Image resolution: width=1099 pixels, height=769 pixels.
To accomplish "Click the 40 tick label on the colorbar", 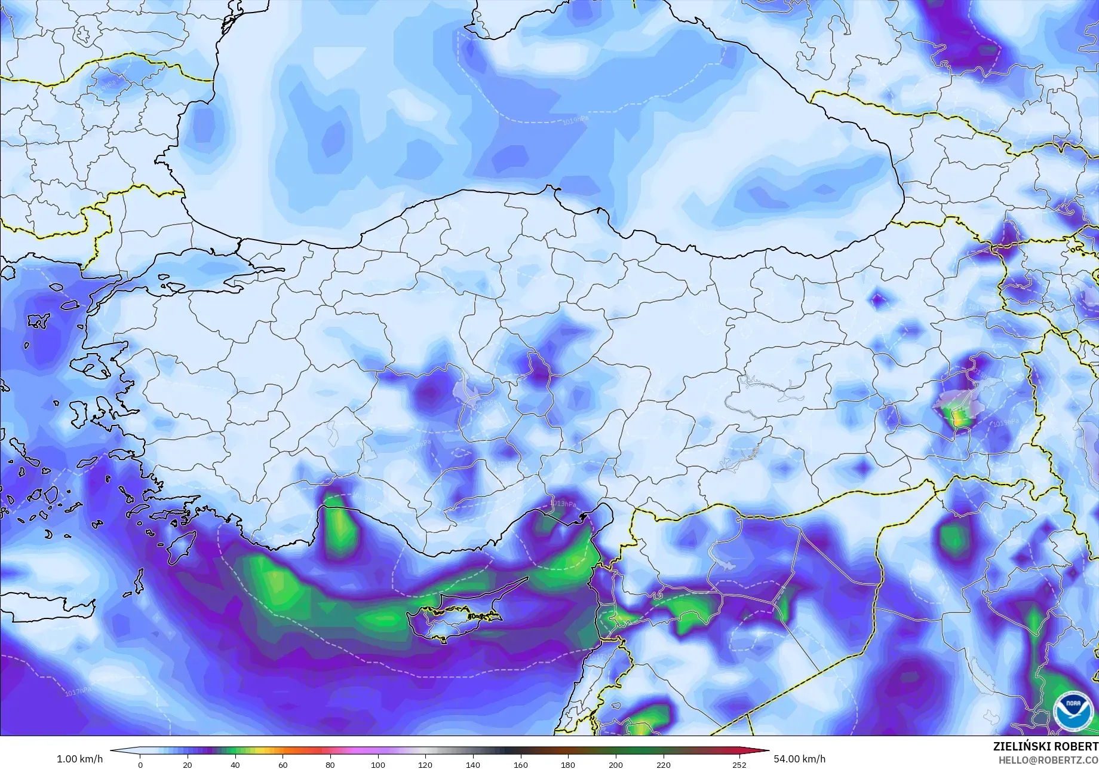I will click(235, 765).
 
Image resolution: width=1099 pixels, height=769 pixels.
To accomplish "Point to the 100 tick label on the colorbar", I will click(378, 765).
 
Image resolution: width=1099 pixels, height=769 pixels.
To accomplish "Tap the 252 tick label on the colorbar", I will click(739, 765).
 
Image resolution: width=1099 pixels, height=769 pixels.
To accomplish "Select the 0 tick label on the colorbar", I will click(140, 765).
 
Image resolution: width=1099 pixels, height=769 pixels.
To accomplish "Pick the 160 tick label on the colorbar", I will click(521, 765).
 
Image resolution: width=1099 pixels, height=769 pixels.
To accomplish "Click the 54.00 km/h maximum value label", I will click(800, 759).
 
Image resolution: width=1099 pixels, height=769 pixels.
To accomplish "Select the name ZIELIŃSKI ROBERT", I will click(1045, 746).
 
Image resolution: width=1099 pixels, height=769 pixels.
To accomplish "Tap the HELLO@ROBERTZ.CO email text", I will click(1049, 759).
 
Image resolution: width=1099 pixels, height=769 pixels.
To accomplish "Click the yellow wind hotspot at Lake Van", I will click(959, 418).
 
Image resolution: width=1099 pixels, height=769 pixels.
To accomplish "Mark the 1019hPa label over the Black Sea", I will click(575, 121).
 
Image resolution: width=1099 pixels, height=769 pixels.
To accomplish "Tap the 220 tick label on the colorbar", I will click(663, 765).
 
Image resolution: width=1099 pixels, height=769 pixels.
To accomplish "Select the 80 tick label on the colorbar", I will click(330, 765).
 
